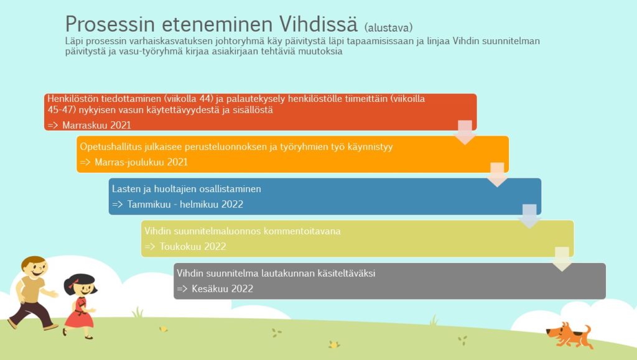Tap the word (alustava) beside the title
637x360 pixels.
click(x=388, y=27)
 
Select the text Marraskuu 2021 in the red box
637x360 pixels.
click(x=96, y=125)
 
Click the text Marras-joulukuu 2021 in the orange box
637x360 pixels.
click(x=141, y=162)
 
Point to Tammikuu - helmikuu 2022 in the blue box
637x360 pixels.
click(x=185, y=204)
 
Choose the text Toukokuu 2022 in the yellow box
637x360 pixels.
click(x=193, y=246)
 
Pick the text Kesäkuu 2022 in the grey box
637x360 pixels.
click(x=222, y=288)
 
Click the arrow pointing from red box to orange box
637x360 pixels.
click(x=465, y=132)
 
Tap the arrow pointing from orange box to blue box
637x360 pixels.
click(x=497, y=175)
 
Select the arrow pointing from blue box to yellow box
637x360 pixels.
click(x=529, y=216)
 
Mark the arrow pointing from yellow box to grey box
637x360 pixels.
click(x=562, y=259)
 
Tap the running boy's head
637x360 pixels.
click(x=34, y=267)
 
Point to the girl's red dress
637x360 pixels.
click(x=79, y=312)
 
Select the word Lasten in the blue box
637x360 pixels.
click(x=125, y=189)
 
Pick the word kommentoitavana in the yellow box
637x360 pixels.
click(x=302, y=231)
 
